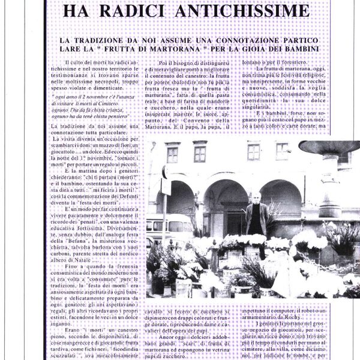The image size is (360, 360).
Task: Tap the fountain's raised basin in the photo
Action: point(329,146)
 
